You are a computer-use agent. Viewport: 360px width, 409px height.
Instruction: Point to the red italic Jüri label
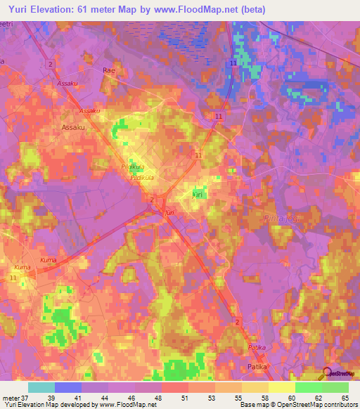click(169, 212)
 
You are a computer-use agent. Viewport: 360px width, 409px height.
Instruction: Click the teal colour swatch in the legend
click(41, 387)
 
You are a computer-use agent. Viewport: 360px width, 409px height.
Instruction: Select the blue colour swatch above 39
click(67, 387)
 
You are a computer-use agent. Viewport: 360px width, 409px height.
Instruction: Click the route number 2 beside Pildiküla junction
click(152, 200)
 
